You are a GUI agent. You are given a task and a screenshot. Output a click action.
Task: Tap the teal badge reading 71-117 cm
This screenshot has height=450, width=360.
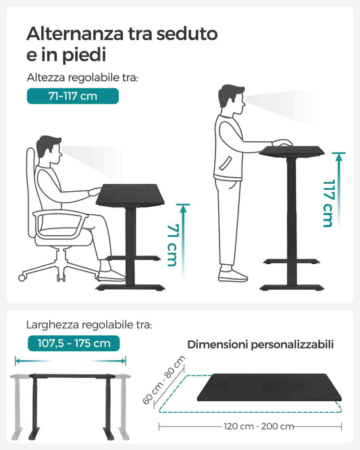tap(72, 96)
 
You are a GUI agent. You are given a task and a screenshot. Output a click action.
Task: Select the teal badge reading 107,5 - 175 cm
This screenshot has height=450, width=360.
tap(74, 343)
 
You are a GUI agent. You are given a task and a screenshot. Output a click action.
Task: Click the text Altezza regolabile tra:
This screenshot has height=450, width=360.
tap(82, 78)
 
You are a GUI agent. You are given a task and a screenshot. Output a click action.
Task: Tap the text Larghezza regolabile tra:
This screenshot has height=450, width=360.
tap(89, 325)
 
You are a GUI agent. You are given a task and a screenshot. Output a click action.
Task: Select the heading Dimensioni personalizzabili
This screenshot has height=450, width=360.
tap(260, 345)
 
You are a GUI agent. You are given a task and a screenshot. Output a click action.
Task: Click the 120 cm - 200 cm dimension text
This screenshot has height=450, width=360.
tap(258, 426)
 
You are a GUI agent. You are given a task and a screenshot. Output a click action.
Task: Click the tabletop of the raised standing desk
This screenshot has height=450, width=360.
tap(292, 151)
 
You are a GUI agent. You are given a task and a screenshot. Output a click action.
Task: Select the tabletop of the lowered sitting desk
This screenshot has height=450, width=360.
tap(132, 195)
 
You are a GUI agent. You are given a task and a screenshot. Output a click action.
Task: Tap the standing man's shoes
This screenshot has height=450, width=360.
tap(233, 274)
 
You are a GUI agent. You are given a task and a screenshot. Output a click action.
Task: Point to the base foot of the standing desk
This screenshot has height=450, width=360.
tap(291, 287)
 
